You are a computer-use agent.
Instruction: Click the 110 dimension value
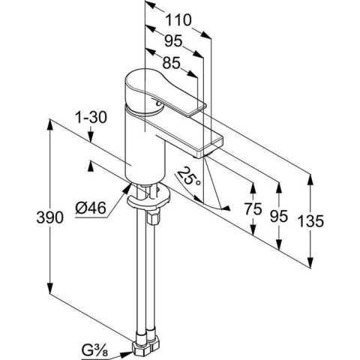coord(178,20)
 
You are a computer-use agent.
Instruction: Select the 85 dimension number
coord(171,63)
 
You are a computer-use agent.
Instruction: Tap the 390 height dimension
coord(49,217)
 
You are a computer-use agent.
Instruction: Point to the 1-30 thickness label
coord(91,117)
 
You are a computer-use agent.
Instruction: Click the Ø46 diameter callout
coord(91,208)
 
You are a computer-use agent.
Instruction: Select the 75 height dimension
coord(253,208)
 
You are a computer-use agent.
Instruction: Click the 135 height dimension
coord(310,221)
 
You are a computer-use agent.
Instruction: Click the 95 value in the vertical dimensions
coord(279,216)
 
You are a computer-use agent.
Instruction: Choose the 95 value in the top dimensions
coord(173,41)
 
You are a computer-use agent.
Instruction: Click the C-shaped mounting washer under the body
coord(149,197)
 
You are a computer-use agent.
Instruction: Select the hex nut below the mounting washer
coord(153,217)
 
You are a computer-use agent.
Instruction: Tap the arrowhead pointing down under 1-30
coord(91,137)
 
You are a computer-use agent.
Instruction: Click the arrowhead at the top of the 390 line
coord(50,124)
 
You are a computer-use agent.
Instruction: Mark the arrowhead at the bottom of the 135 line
coord(310,262)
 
